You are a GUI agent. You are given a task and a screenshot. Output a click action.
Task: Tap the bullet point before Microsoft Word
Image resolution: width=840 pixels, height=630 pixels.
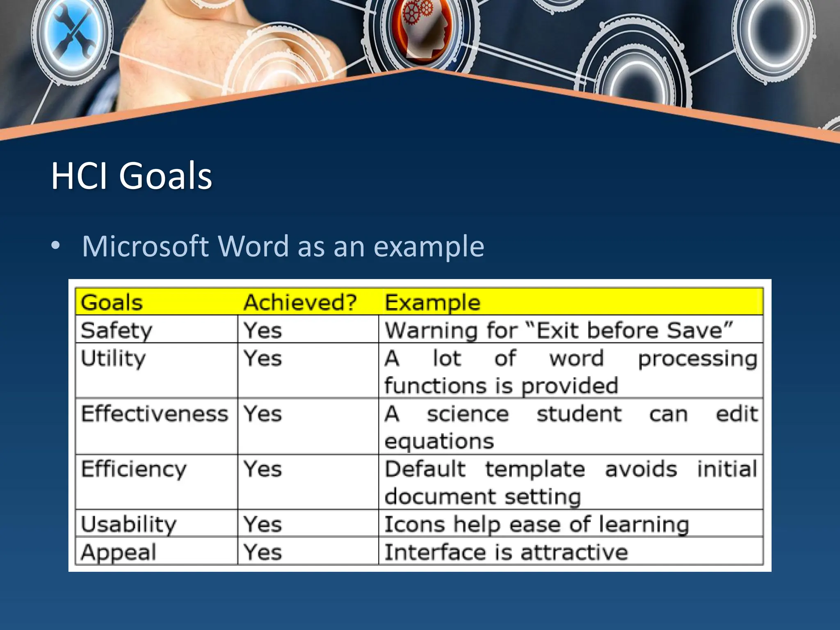[x=56, y=246]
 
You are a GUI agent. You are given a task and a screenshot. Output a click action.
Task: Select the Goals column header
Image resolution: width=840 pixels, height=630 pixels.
[x=112, y=303]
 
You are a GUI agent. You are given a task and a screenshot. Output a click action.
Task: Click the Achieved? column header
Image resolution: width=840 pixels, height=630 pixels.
[x=300, y=303]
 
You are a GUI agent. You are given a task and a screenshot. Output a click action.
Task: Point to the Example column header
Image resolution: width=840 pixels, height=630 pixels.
[x=432, y=303]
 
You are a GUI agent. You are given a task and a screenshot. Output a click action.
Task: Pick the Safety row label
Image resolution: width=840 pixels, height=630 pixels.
[x=116, y=330]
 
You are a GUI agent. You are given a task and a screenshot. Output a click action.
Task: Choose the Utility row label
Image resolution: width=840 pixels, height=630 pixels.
[x=113, y=358]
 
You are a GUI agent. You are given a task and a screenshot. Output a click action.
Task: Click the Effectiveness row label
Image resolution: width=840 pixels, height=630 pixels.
[x=154, y=413]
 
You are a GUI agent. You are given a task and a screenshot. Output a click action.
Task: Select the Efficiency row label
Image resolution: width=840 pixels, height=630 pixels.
[x=134, y=469]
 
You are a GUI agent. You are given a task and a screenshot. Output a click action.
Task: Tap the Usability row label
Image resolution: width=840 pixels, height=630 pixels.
[x=128, y=525]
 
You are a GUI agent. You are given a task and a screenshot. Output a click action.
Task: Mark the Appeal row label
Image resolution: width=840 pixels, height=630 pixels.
[x=119, y=552]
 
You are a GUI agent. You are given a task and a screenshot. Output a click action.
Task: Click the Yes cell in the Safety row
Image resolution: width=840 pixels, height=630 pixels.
[x=262, y=330]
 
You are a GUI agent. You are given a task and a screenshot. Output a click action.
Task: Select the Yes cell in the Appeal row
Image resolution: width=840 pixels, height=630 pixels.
[x=262, y=552]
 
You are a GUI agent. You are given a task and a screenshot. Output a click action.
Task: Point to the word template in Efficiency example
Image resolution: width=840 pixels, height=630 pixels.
[x=535, y=469]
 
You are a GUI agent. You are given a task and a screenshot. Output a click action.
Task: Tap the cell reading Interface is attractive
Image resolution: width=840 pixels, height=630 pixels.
[x=506, y=552]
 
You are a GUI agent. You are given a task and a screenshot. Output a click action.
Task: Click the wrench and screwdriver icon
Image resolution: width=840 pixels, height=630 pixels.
[x=74, y=36]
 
